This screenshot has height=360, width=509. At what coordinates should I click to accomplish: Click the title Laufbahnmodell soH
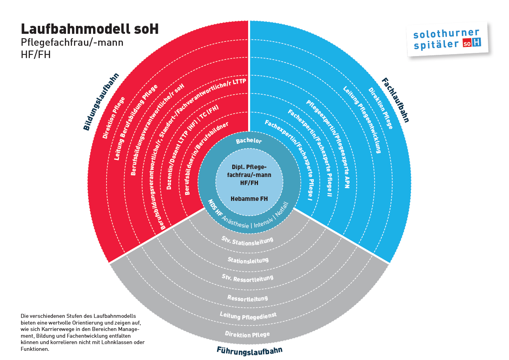[89, 29]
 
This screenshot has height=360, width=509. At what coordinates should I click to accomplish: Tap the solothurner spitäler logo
[447, 39]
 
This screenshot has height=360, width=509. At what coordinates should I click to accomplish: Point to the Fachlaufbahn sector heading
[395, 99]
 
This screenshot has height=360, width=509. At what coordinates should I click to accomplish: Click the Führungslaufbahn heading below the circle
[249, 350]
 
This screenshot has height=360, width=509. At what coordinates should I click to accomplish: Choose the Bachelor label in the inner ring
[249, 141]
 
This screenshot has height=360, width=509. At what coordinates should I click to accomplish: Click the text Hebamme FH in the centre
[249, 198]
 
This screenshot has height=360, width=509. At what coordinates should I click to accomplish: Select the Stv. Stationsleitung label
[247, 241]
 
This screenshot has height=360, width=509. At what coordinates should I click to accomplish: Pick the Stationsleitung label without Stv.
[248, 260]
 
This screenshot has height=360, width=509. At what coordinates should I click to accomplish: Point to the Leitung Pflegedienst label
[248, 316]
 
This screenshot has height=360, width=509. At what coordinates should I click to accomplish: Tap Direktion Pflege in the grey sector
[247, 334]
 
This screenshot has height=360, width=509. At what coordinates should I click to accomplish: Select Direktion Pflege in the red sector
[114, 117]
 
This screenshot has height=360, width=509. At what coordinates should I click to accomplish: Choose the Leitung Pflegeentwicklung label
[362, 119]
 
